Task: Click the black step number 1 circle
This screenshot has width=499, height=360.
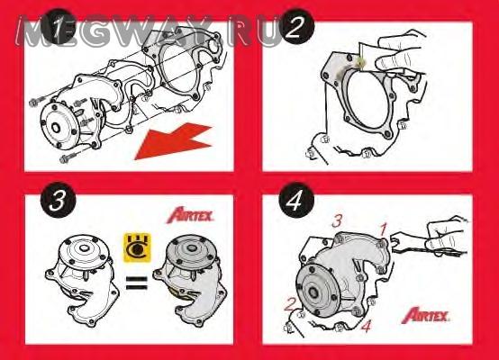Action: [58, 27]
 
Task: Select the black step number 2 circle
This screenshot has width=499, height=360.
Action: [297, 27]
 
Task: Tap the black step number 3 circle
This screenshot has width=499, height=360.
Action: [59, 200]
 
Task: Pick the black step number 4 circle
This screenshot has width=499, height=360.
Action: [296, 201]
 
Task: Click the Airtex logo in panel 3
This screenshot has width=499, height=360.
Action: [190, 215]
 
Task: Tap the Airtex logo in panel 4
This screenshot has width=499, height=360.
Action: [425, 315]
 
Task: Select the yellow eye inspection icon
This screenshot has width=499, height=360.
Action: [137, 247]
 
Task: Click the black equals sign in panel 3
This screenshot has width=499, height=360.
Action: [137, 283]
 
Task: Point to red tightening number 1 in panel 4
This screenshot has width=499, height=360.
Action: [384, 229]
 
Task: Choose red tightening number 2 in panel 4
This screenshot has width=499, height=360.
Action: [290, 305]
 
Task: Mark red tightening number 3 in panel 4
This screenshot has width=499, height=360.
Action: [337, 220]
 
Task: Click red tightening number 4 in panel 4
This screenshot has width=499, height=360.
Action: [367, 326]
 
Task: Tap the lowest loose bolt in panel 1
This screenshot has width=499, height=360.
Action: [68, 157]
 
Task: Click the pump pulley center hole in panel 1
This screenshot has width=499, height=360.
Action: [56, 128]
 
